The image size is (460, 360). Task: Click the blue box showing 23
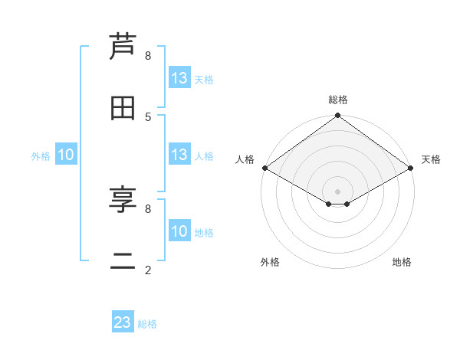pos(123,322)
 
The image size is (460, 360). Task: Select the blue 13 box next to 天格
pos(179,78)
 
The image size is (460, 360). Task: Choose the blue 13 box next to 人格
pos(179,155)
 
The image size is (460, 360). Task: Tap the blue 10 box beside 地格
pos(179,231)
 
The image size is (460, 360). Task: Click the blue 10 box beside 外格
pos(66,155)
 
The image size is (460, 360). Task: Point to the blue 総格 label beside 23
pos(147,324)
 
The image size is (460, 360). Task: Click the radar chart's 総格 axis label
pos(338,100)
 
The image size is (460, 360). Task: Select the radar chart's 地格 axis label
pos(402,262)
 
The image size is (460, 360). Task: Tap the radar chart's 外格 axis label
pos(270,262)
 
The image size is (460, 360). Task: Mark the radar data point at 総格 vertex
pos(338,116)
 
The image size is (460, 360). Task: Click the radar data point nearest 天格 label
pos(411,168)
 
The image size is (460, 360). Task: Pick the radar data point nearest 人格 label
pos(264,168)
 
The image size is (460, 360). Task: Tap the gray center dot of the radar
pos(338,191)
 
